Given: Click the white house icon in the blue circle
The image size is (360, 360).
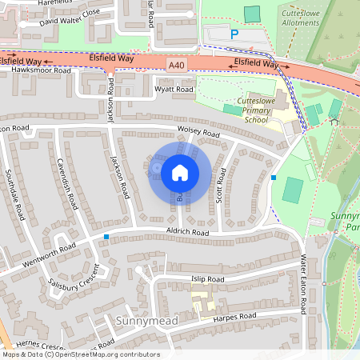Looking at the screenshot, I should (x=180, y=173).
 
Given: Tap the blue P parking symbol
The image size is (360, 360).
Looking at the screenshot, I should (x=234, y=34).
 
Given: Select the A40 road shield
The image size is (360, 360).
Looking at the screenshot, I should (x=176, y=64).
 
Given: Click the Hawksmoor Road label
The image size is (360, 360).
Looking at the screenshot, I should (x=41, y=70).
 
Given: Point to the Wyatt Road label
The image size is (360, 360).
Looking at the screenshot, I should (x=173, y=90).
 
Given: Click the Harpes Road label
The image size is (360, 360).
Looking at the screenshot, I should (x=234, y=317).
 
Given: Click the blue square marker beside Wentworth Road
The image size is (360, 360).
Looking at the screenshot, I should (x=106, y=237).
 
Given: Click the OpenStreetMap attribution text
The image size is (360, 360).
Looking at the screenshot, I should (x=81, y=354).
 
